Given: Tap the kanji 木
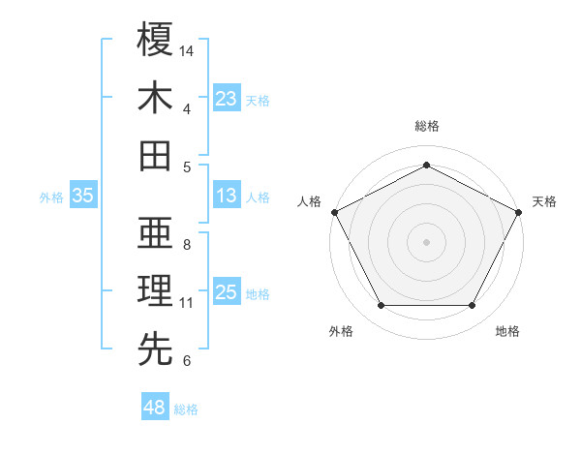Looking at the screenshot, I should (x=155, y=99).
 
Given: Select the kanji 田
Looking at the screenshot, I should (x=155, y=155).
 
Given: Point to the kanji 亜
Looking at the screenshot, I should (x=155, y=232).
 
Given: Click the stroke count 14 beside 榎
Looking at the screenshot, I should (x=188, y=49).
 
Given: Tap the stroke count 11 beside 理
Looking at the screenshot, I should (x=187, y=303).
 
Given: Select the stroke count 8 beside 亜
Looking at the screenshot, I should (x=187, y=244).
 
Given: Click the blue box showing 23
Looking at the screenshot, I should (x=227, y=99).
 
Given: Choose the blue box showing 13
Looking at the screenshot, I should (x=227, y=196).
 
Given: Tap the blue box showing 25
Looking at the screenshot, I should (x=227, y=292).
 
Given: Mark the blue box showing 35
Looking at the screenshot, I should (x=83, y=196).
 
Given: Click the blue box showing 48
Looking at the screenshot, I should (x=154, y=409).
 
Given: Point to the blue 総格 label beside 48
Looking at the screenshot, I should (x=186, y=409).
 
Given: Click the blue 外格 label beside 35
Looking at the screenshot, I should (x=51, y=197).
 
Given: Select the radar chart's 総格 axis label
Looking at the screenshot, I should (x=426, y=127).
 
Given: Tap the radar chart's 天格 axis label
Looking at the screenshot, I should (x=544, y=201).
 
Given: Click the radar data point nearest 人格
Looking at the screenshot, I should (x=333, y=211).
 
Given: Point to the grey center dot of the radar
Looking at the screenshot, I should (x=426, y=241).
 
